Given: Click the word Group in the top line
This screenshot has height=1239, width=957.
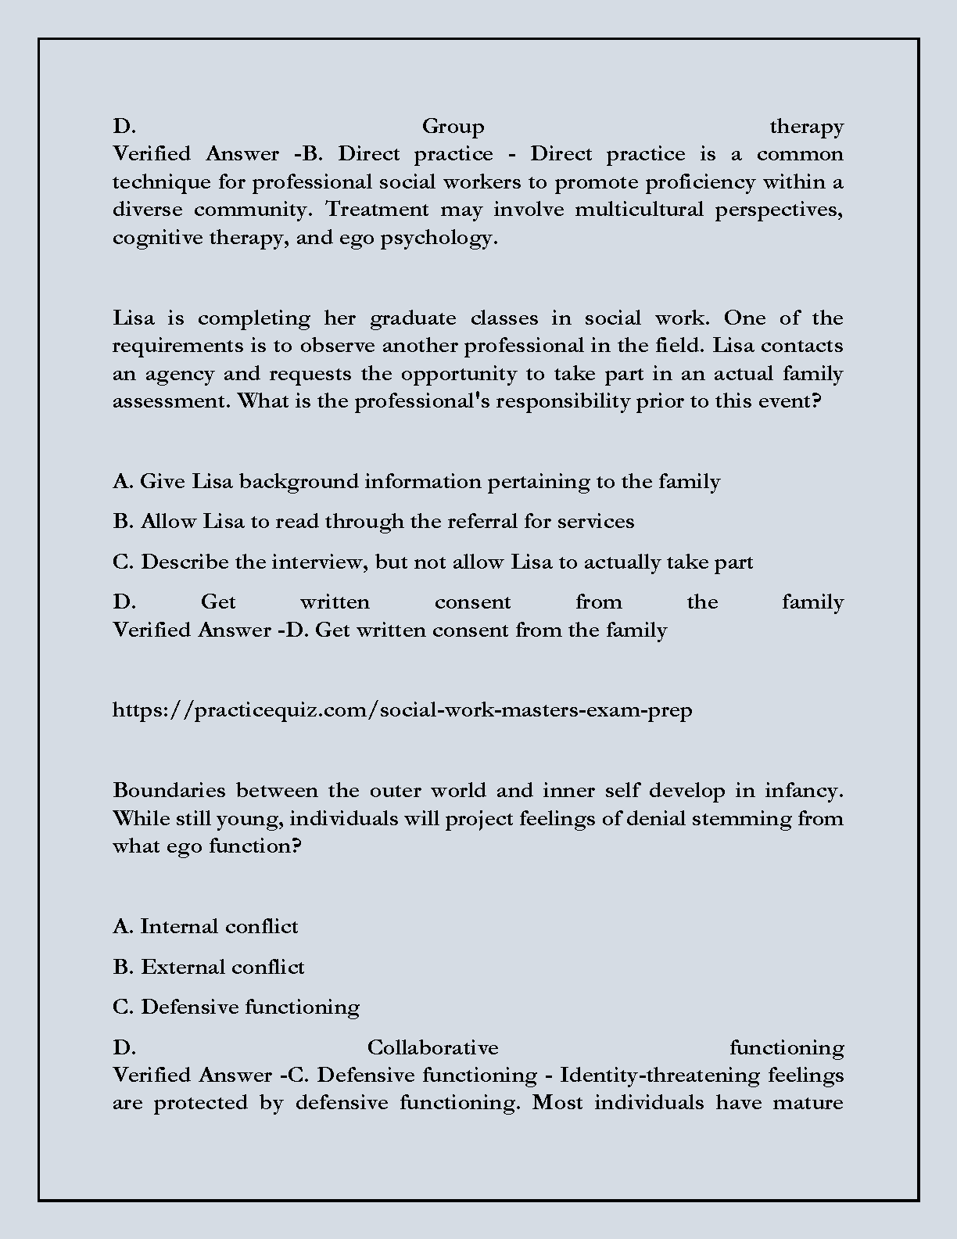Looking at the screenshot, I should [x=453, y=127].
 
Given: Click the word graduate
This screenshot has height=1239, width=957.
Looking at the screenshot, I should [x=412, y=318].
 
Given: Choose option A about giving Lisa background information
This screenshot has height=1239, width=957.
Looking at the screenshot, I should [x=416, y=482].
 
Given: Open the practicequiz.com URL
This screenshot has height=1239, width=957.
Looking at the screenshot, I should [x=402, y=710].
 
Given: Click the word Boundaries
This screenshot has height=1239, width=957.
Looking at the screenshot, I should [x=169, y=791].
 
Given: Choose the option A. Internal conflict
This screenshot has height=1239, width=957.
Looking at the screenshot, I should [x=205, y=927].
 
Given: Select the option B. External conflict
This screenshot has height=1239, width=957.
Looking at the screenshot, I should [x=208, y=968].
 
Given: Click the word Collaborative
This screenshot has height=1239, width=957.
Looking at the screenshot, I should [x=432, y=1047].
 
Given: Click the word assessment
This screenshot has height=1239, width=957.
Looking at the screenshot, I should [x=171, y=401].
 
